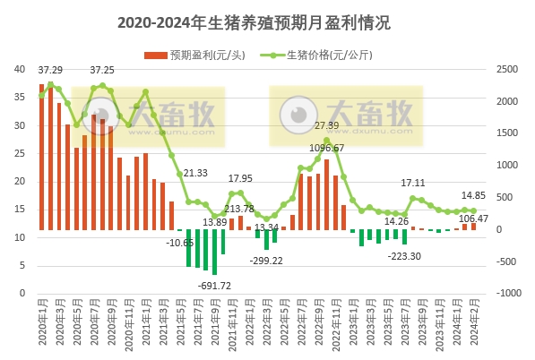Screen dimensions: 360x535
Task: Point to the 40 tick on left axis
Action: coord(19,69)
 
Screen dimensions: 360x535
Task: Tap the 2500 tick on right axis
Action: coord(506,69)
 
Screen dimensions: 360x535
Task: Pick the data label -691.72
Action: coord(215,285)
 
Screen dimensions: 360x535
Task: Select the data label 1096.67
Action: coord(327,147)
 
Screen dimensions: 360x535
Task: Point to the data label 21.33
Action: coord(195,173)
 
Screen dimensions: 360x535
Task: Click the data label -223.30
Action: coord(404,255)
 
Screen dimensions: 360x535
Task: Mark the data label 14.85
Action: coord(474,195)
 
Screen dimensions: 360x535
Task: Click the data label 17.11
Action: coord(413,183)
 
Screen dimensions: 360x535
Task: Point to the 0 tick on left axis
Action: coord(22,293)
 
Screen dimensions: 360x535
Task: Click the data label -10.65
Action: coord(180,243)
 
